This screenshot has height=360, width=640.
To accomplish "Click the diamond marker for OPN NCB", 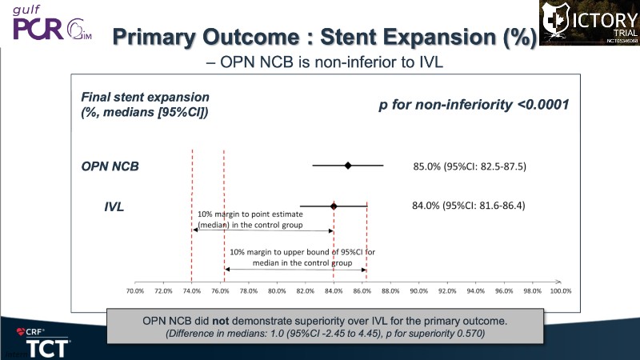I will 348,166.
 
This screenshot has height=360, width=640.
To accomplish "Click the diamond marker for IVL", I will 334,206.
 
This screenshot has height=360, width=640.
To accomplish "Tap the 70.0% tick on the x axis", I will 135,290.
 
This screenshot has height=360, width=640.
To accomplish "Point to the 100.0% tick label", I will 560,290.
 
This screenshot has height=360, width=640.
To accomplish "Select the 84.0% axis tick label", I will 334,290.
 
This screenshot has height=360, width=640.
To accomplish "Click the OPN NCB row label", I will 110,166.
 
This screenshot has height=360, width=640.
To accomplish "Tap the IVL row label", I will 114,207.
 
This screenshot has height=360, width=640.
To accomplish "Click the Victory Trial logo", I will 589,22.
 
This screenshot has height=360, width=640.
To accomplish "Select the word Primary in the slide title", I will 162,37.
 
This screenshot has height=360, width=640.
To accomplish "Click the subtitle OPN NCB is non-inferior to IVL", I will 320,62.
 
